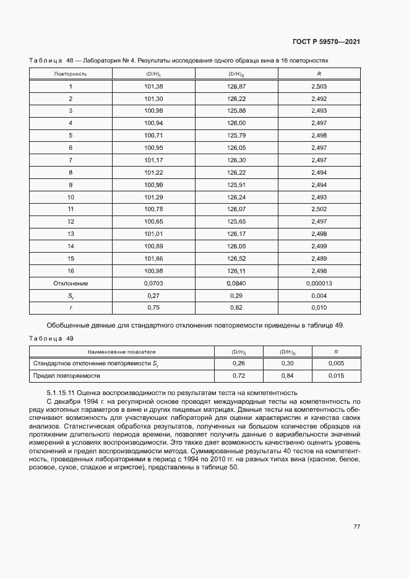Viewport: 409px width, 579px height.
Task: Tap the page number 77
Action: point(356,526)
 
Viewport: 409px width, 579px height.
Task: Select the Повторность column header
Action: point(71,74)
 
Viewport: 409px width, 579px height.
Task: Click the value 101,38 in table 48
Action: point(153,86)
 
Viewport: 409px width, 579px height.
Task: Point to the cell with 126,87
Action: point(236,86)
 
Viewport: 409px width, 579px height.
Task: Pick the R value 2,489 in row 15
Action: point(319,258)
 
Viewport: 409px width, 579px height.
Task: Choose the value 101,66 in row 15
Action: point(153,258)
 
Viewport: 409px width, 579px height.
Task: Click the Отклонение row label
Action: point(71,283)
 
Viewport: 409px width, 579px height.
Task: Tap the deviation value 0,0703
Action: point(153,283)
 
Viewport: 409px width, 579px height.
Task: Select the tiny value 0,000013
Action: point(319,283)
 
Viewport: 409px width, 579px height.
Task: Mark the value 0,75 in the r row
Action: point(153,307)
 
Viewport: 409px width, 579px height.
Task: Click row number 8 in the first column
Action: point(71,172)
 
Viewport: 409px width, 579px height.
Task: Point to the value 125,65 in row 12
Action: point(236,221)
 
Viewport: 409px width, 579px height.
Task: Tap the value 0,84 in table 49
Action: point(287,376)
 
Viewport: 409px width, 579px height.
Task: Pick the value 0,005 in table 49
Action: point(336,364)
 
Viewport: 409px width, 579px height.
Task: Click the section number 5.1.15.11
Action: point(64,393)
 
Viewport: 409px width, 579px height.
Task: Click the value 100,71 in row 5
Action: point(153,135)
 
